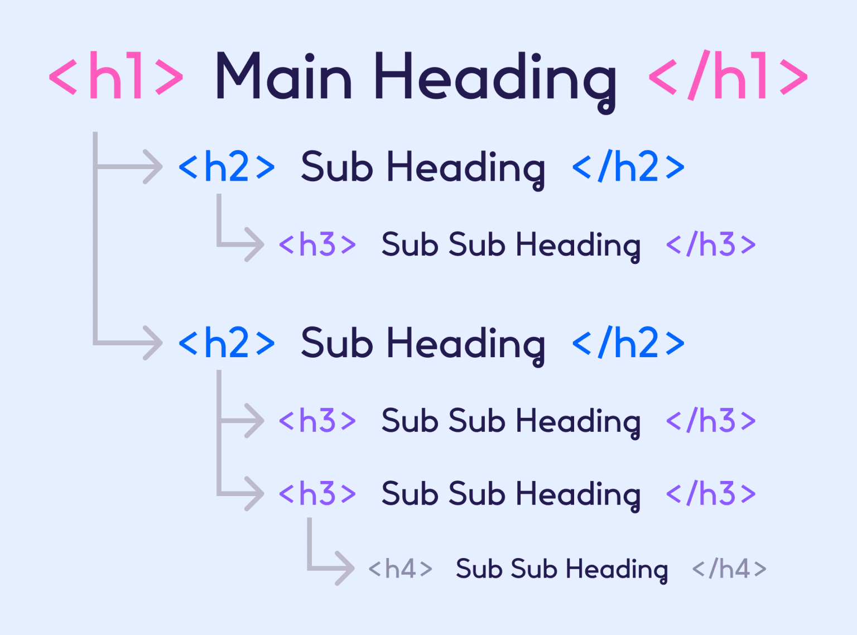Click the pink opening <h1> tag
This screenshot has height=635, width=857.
pyautogui.click(x=116, y=75)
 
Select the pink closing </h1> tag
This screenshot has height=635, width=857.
pyautogui.click(x=728, y=75)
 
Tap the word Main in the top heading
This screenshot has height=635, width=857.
pyautogui.click(x=283, y=76)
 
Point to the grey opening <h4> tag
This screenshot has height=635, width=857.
pyautogui.click(x=400, y=569)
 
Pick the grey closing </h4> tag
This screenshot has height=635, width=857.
pyautogui.click(x=729, y=569)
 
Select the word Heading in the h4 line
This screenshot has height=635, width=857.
pyautogui.click(x=617, y=571)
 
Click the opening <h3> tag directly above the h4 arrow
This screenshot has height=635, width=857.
pyautogui.click(x=317, y=494)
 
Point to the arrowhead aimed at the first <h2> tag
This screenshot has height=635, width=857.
pyautogui.click(x=153, y=167)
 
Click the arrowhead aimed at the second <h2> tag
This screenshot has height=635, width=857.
pyautogui.click(x=153, y=343)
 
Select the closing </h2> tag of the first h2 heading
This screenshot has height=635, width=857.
pyautogui.click(x=628, y=166)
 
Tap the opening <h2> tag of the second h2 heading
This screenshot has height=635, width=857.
pyautogui.click(x=227, y=343)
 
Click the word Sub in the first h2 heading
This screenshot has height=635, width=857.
pyautogui.click(x=337, y=167)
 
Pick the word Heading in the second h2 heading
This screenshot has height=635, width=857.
pyautogui.click(x=465, y=347)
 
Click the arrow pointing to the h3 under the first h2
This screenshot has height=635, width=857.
pyautogui.click(x=240, y=228)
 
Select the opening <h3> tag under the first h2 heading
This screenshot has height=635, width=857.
pyautogui.click(x=317, y=244)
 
